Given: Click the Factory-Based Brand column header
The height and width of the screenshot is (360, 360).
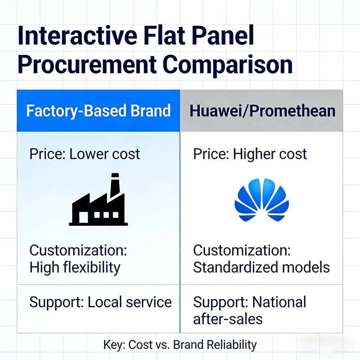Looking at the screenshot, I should (x=99, y=111).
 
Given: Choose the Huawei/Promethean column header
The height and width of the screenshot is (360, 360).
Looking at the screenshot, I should (x=262, y=111).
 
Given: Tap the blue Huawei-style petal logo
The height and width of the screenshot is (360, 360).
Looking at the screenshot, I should (x=261, y=201).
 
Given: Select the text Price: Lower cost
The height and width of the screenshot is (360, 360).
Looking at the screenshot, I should (x=85, y=154).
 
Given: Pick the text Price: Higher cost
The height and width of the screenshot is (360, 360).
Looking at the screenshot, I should (x=250, y=154).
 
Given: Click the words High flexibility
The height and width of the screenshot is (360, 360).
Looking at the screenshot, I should (x=75, y=267).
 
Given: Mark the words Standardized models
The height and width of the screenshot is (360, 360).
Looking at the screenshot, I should (x=261, y=267).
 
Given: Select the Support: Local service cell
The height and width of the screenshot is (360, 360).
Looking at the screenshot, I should (x=100, y=302).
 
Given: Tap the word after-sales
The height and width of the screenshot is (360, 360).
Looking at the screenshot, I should (x=228, y=319).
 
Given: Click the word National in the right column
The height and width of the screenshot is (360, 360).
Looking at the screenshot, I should (x=279, y=302).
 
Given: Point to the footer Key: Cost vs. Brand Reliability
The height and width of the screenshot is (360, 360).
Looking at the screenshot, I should (x=180, y=345).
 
